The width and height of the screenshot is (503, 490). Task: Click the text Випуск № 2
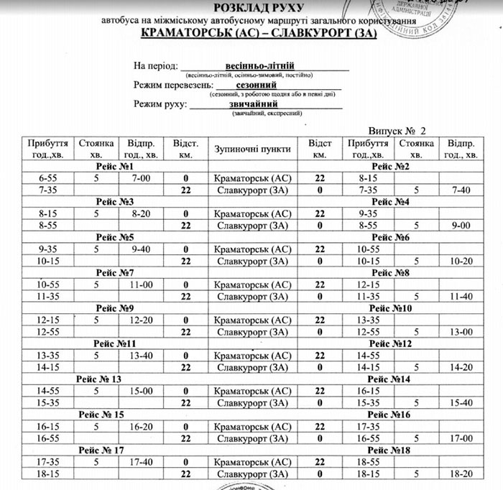397,131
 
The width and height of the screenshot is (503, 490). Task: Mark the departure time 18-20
461,474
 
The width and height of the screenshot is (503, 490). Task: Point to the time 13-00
461,332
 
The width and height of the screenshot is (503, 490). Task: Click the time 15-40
461,403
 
